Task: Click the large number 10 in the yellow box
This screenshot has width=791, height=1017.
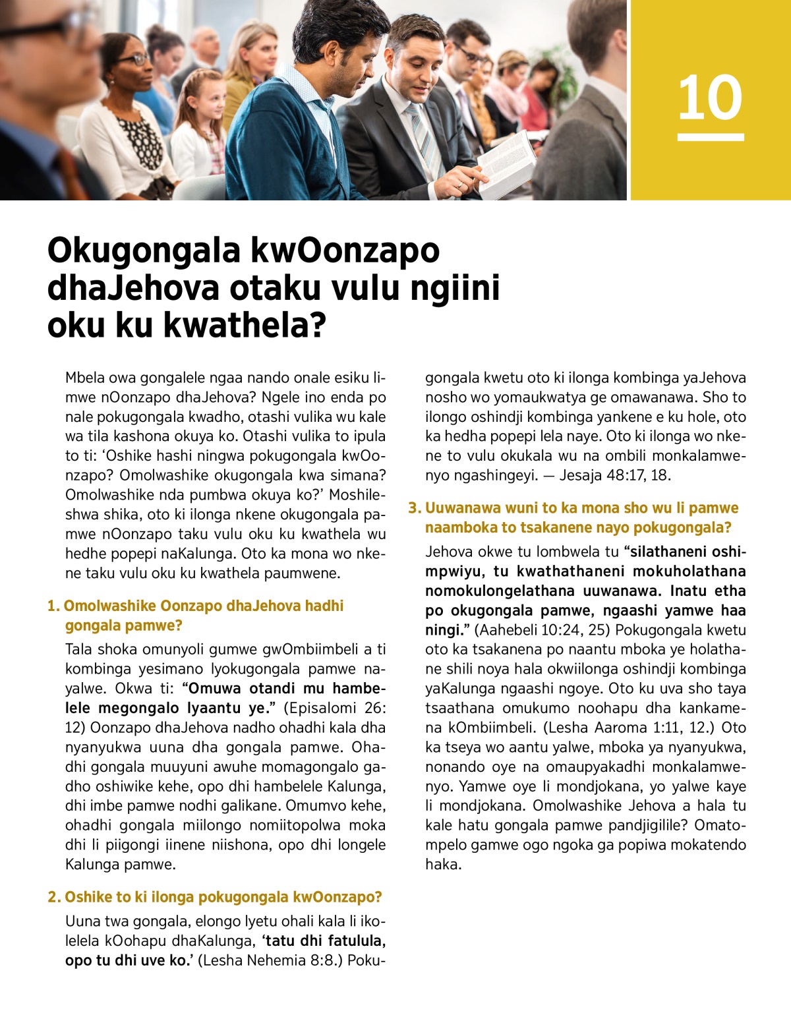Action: tap(710, 98)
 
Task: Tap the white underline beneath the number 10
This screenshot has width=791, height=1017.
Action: tap(710, 137)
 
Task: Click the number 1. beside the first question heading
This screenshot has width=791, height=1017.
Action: tap(53, 606)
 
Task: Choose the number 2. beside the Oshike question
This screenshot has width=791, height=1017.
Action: tap(54, 897)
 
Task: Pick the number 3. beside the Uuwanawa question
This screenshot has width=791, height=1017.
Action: tap(414, 508)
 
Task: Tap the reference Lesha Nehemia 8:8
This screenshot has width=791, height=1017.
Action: tap(270, 960)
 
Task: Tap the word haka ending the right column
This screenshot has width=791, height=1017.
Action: tap(442, 865)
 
